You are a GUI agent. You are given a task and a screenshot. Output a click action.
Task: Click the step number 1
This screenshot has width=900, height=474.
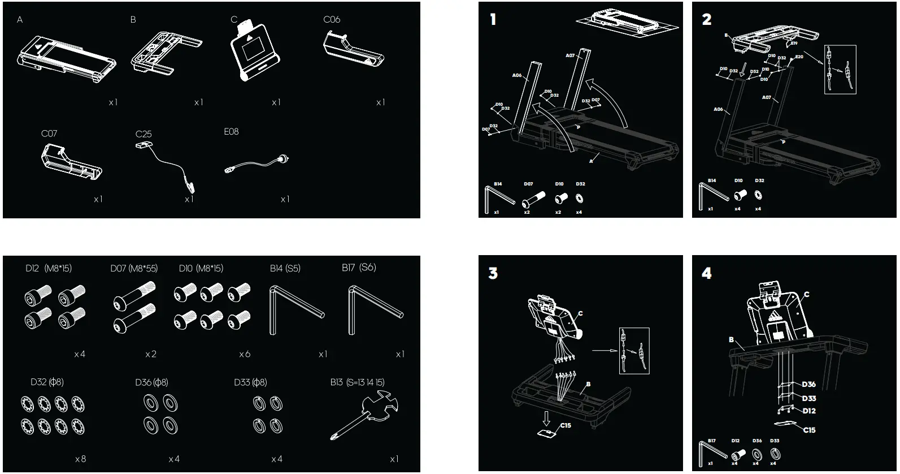pyautogui.click(x=493, y=20)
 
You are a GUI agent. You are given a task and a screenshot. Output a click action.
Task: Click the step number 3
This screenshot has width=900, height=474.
pyautogui.click(x=493, y=273)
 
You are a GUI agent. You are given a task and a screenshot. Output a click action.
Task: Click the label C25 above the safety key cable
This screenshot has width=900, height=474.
pyautogui.click(x=144, y=134)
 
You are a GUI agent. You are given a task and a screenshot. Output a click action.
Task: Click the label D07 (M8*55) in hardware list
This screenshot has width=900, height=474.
pyautogui.click(x=134, y=268)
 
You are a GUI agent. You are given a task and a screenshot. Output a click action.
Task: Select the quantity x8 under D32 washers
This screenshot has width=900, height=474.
pyautogui.click(x=80, y=459)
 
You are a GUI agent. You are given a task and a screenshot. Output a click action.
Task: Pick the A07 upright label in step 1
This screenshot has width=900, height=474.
pyautogui.click(x=570, y=55)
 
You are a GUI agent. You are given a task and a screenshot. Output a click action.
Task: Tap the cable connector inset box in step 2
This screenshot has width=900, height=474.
pyautogui.click(x=840, y=69)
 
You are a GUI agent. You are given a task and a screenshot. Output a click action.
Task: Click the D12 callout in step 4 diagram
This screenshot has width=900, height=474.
pyautogui.click(x=808, y=411)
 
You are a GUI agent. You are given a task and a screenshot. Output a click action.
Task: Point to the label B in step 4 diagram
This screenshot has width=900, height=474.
pyautogui.click(x=731, y=340)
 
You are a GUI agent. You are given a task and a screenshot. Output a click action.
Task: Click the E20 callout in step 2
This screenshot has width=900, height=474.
pyautogui.click(x=799, y=57)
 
